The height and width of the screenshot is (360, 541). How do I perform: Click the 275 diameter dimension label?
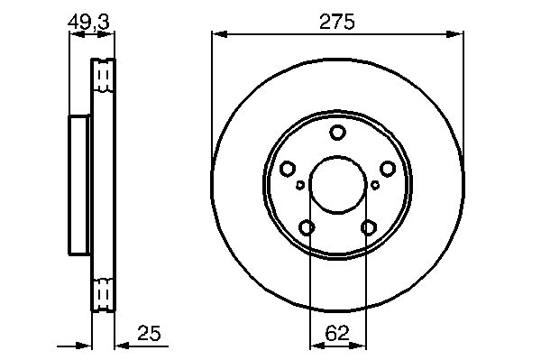coord(336,22)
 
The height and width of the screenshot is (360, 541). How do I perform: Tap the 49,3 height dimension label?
coord(88,22)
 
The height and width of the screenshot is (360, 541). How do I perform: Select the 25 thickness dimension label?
coord(149,334)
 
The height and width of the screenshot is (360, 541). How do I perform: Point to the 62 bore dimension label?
coord(337,334)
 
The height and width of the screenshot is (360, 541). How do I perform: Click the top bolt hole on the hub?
coord(337,133)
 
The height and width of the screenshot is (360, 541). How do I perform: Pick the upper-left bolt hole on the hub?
coord(287,169)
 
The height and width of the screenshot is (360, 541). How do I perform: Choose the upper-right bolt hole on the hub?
coord(388,169)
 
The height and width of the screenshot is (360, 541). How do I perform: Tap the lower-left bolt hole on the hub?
coord(307,227)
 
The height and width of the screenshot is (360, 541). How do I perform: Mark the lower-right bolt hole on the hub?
coord(369,227)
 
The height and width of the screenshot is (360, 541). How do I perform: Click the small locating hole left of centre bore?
coord(300,185)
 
